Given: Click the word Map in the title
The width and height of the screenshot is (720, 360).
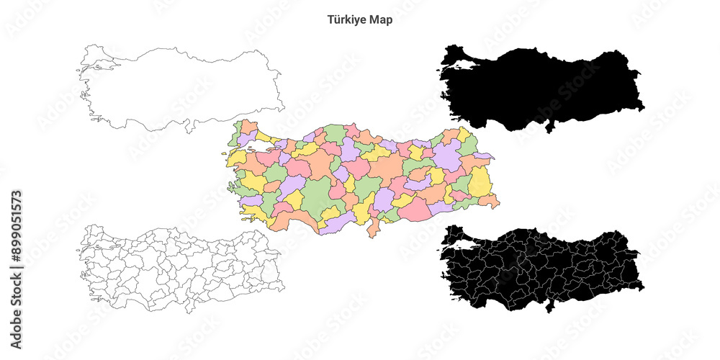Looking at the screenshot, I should click(381, 20).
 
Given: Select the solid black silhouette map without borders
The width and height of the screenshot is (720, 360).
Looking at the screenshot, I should click(540, 86).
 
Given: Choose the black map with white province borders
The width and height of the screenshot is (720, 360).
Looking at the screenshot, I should click(540, 266).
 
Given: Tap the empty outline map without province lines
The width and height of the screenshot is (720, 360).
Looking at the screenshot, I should click(180, 86).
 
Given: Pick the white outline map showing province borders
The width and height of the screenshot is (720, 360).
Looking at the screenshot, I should click(180, 266).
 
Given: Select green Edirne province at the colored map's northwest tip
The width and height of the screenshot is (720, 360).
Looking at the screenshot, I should click(237, 132).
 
